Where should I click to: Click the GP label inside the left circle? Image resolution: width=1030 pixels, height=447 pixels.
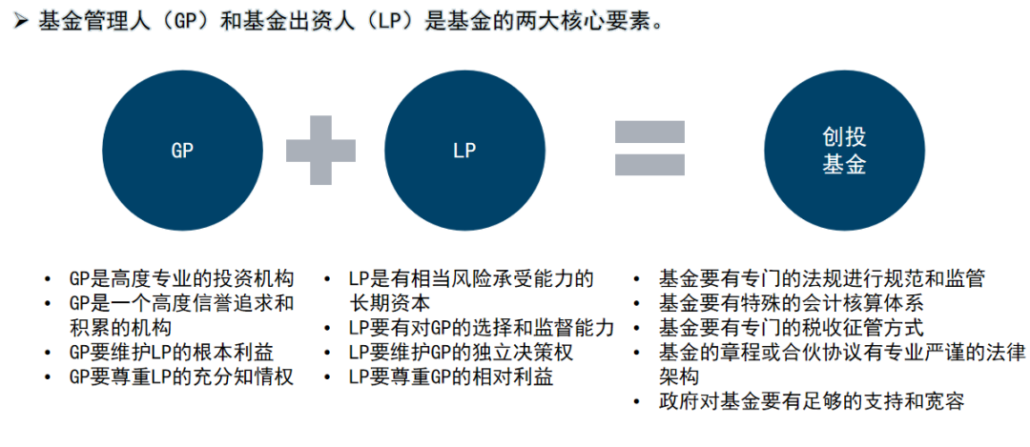click(x=181, y=151)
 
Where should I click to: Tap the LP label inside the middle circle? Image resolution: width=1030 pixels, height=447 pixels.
click(x=464, y=151)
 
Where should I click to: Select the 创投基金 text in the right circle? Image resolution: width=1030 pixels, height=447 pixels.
click(x=844, y=151)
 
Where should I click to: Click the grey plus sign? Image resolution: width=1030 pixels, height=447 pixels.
click(x=321, y=150)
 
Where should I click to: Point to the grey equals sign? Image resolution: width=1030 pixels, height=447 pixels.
click(x=649, y=149)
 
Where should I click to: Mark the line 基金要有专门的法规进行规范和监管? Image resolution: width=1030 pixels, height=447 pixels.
click(x=821, y=279)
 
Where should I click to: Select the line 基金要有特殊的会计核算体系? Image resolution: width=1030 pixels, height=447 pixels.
click(x=791, y=303)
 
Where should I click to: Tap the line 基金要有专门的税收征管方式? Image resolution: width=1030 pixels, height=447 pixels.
click(x=791, y=328)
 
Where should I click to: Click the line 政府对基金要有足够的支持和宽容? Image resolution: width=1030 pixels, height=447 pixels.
click(x=811, y=401)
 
